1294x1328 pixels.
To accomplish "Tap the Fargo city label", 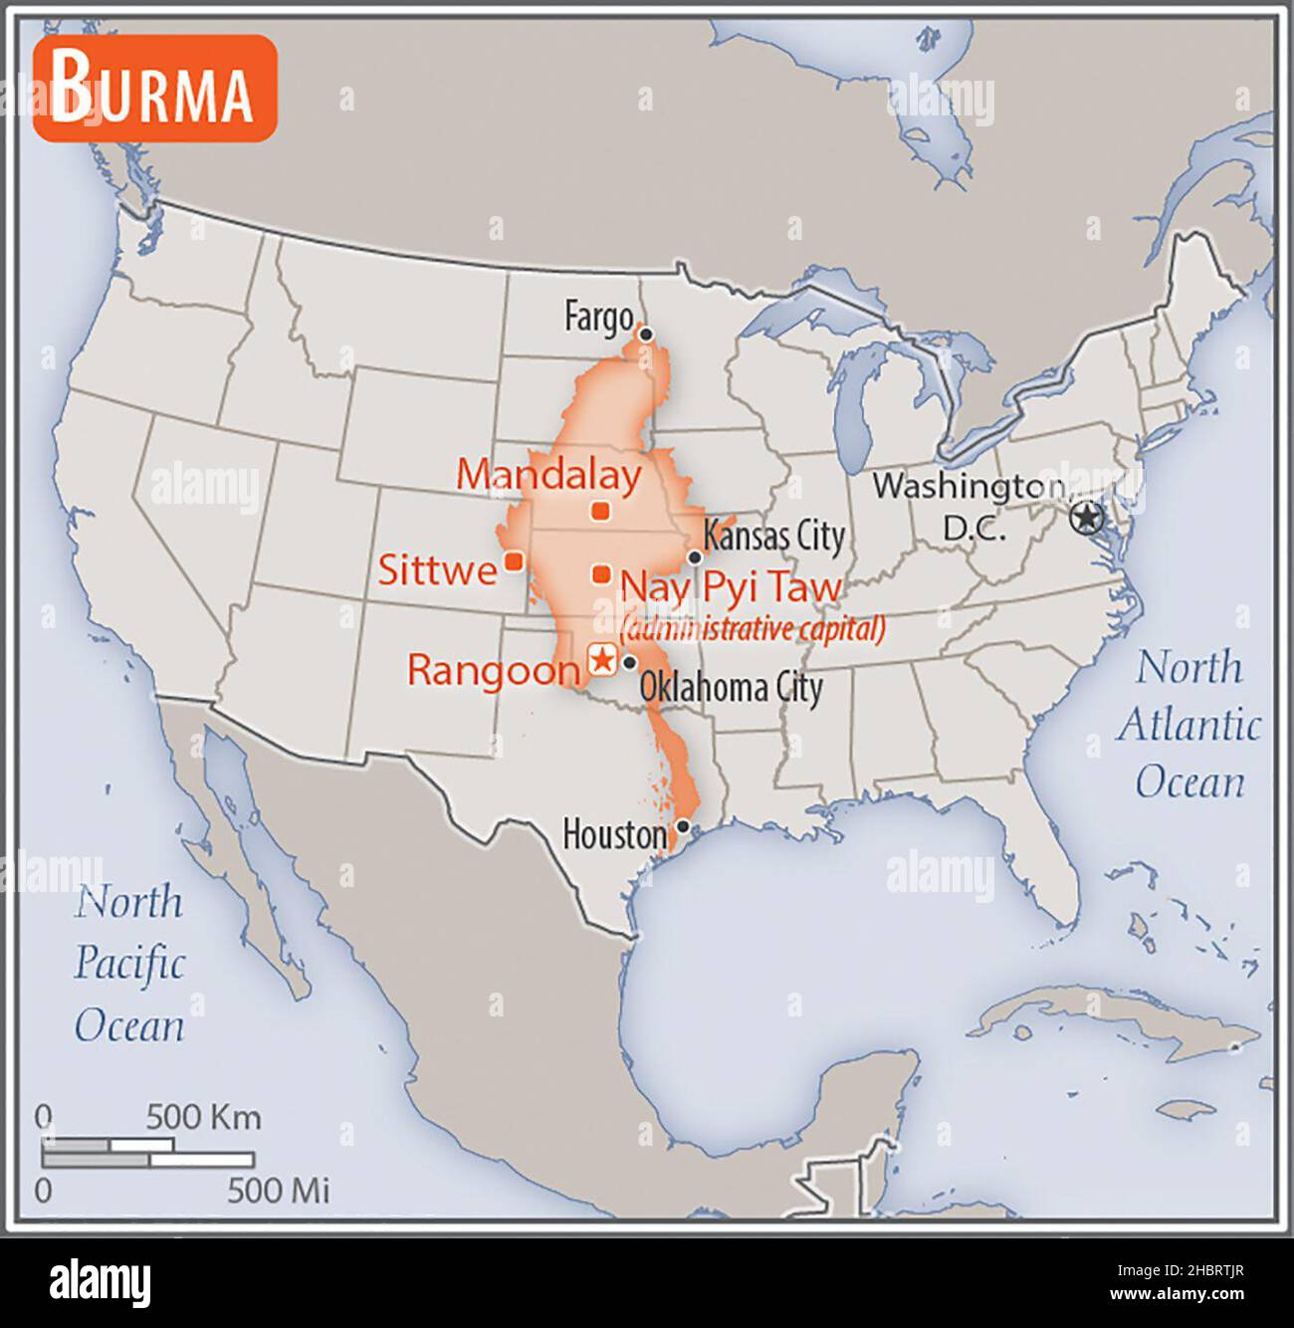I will coord(598,318).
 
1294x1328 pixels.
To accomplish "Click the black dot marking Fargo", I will coord(645,334).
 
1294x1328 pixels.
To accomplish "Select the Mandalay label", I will coord(548,475).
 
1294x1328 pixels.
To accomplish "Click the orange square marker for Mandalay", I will coord(600,512).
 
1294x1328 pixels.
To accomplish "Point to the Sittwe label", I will coord(437,570).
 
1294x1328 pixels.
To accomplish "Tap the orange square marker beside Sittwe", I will coord(514,561).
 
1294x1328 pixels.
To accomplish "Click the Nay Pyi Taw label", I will coord(731,587).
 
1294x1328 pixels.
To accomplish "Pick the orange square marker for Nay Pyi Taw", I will coord(601,574).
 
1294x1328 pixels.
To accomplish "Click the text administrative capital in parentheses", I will coord(752,629).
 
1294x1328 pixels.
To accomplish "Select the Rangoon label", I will coord(493,670).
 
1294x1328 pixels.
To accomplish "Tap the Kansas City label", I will coord(773,537).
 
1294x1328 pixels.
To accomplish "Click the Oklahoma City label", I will coord(731,688).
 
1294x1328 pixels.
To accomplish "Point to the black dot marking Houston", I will coord(683,825).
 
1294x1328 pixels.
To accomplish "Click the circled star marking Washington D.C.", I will coord(1088,518).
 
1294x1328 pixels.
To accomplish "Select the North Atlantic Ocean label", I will coord(1188,725).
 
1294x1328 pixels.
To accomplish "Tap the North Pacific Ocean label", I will coord(129,964).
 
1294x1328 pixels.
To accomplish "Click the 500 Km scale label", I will coord(204,1117).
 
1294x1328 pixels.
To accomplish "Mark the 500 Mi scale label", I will coord(278,1191).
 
